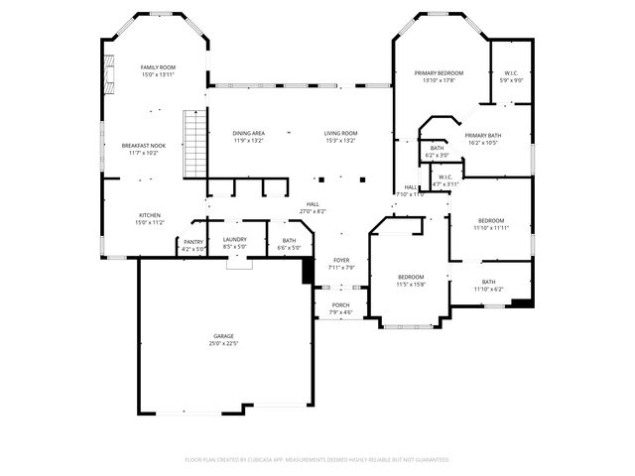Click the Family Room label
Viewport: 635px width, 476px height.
[157, 66]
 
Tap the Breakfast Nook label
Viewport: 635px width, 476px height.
[144, 146]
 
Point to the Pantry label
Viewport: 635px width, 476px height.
[193, 242]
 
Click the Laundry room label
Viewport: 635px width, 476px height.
[235, 239]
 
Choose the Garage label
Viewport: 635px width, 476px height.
[223, 336]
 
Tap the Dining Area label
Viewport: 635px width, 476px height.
[249, 133]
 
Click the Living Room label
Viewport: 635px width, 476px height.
[340, 133]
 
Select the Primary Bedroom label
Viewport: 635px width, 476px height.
[439, 73]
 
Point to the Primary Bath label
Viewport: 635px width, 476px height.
[482, 135]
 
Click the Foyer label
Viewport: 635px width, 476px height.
[340, 260]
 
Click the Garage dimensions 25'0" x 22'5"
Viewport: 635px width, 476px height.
[223, 343]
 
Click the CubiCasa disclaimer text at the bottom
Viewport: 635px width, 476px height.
[317, 459]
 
